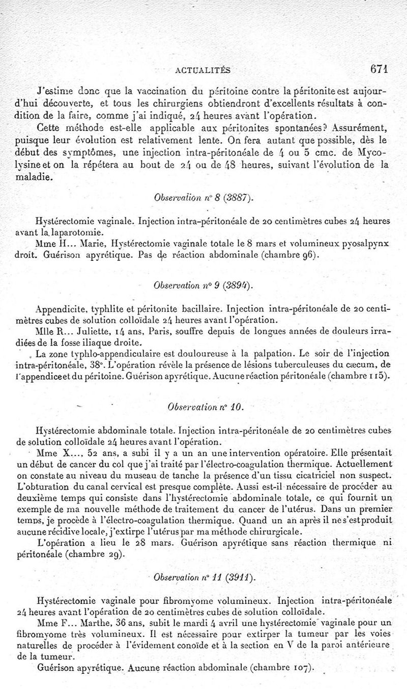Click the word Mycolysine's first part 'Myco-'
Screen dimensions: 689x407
tap(373, 152)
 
